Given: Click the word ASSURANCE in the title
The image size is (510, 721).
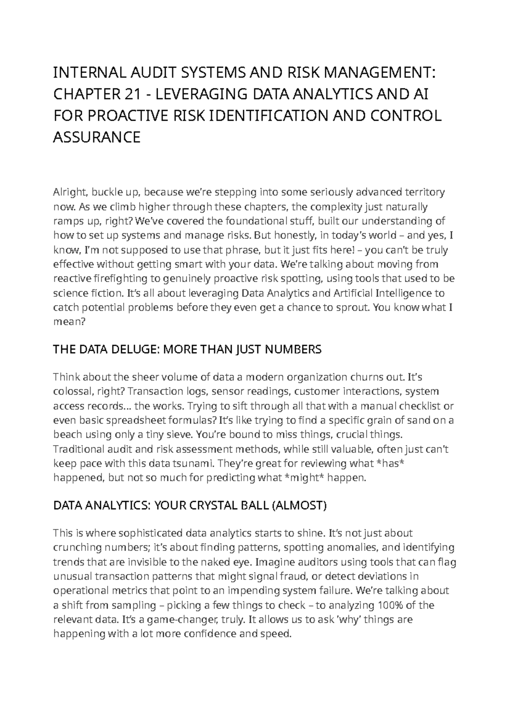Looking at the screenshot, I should pos(96,137).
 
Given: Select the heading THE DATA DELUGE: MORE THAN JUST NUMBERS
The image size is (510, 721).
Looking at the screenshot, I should pos(187,349).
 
